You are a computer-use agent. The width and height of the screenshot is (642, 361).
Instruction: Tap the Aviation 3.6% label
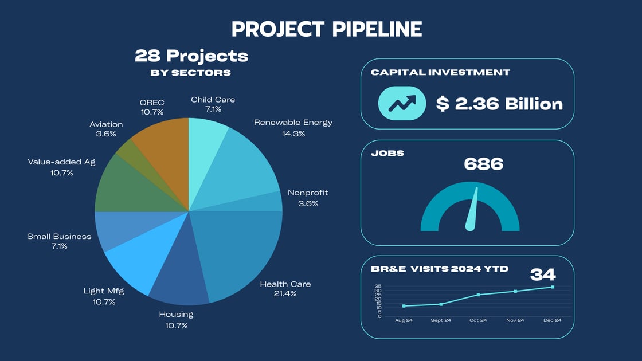pos(106,129)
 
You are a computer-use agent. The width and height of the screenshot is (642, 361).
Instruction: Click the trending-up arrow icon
pos(402,103)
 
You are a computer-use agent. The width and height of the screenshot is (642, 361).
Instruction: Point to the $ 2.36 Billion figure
pos(499,104)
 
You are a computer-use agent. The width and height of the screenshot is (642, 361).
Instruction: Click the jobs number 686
pos(483,164)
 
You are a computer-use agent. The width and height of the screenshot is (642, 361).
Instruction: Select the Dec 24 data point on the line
pos(552,287)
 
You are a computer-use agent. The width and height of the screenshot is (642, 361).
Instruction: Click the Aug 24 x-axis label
pos(404,320)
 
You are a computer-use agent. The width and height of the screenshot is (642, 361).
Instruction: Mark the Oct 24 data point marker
pos(478,295)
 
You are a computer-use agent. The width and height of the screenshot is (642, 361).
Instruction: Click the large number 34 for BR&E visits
pos(543,274)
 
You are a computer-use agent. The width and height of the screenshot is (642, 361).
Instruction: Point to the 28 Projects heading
pos(191,56)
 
